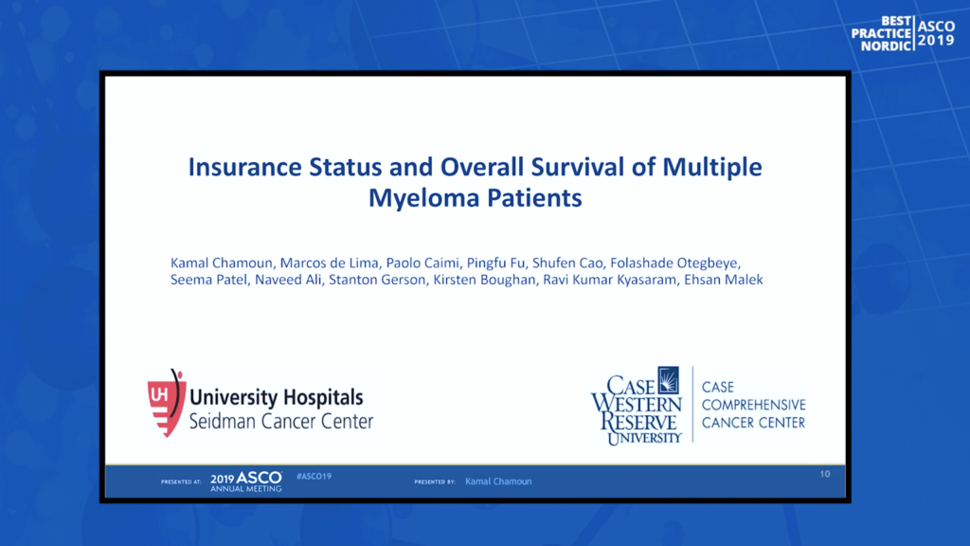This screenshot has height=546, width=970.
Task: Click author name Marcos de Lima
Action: (329, 264)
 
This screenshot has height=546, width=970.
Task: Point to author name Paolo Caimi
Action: (422, 264)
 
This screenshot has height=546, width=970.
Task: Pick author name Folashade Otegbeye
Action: (674, 264)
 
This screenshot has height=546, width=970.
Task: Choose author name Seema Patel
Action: (208, 280)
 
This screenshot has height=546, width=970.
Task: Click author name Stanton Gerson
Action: (377, 280)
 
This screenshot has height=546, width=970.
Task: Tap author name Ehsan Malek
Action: (723, 280)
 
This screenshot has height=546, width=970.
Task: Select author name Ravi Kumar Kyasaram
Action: (609, 280)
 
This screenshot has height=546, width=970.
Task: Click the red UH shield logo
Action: (166, 403)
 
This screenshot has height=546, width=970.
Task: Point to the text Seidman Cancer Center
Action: (280, 422)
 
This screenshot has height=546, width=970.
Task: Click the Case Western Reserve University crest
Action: (668, 380)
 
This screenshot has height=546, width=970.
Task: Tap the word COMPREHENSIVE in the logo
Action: (753, 405)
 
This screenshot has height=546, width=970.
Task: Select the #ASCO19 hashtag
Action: (314, 476)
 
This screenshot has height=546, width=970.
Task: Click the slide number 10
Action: (825, 474)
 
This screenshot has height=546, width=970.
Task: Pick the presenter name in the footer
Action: (498, 481)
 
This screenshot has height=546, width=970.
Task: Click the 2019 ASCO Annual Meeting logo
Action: (246, 482)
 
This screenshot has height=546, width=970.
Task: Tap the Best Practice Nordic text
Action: (881, 33)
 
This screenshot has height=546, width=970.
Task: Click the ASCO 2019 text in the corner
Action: (936, 33)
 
